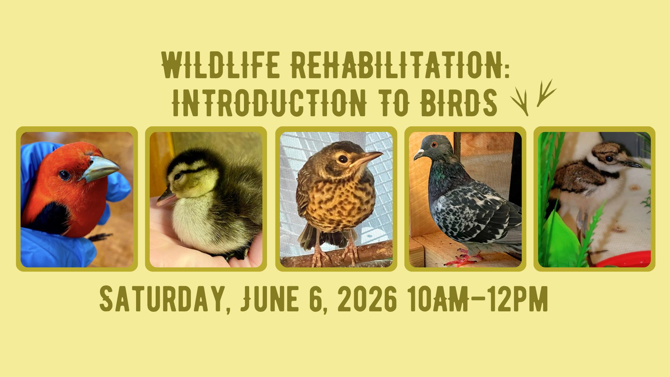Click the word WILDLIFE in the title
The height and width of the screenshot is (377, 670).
[221, 65]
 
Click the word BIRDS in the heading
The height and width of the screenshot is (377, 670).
[459, 103]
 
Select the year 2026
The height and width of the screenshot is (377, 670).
[367, 299]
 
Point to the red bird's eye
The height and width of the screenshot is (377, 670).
[65, 175]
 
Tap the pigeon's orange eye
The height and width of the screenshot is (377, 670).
[434, 144]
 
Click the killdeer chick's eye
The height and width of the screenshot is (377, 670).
[609, 159]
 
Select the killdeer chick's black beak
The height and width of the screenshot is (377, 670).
[632, 163]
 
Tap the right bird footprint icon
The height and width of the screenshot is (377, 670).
[545, 93]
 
